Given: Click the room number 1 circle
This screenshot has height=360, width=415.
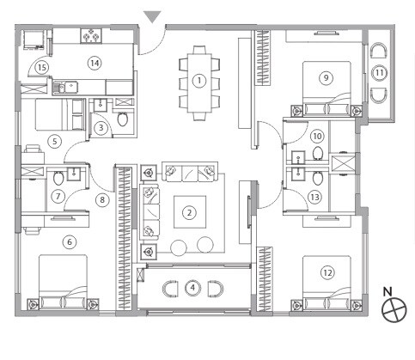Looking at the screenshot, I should click(x=199, y=81).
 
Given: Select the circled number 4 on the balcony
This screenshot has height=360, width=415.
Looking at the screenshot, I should click(x=193, y=286).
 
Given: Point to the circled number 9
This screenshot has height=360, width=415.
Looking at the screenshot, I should click(x=325, y=77).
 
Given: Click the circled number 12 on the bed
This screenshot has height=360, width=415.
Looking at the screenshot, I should click(x=327, y=272).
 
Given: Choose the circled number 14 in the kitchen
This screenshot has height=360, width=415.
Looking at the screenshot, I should click(x=95, y=63).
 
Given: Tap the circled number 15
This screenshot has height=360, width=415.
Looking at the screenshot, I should click(x=40, y=67).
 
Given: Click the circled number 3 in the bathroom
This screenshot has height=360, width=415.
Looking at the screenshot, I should click(x=101, y=129).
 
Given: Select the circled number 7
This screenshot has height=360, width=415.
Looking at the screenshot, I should click(x=58, y=196).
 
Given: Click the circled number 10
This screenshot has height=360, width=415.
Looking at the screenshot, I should click(x=316, y=136).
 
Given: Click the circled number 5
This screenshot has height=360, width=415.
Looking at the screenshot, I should click(x=53, y=142).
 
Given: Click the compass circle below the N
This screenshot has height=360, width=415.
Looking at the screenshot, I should click(x=394, y=310).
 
